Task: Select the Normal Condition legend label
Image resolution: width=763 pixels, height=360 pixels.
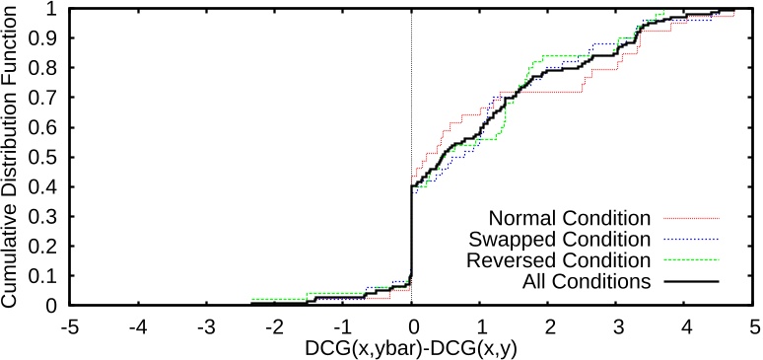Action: pos(570,216)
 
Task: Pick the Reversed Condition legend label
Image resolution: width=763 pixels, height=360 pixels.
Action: pos(560,260)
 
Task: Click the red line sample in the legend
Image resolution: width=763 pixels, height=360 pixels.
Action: pos(689,217)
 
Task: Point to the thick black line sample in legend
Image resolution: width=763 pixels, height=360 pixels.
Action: pos(689,282)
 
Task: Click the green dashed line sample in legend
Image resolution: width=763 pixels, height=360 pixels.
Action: pos(689,260)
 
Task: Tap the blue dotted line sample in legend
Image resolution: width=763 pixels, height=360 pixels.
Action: pos(689,239)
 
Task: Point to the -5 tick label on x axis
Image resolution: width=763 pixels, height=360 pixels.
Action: pos(68,324)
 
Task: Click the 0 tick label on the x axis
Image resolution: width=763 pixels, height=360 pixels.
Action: pos(411,324)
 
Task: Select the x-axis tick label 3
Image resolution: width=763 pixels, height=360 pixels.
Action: pos(617,324)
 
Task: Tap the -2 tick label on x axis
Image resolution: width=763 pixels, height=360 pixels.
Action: pos(273,324)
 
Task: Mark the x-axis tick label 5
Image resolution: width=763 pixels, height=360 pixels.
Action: pos(754,324)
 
